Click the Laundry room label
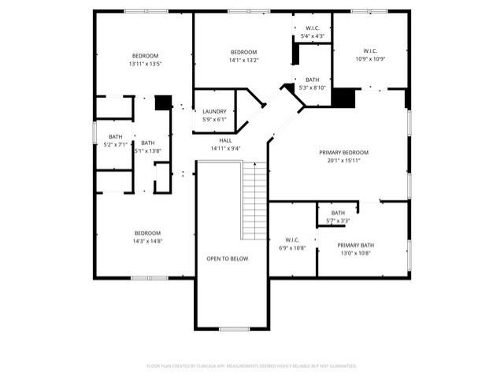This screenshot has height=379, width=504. (x=215, y=112)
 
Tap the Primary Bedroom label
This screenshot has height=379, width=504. (x=343, y=152)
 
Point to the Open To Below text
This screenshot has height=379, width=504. (x=228, y=258)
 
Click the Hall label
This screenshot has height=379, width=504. (x=225, y=140)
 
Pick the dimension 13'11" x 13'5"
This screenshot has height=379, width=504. (x=146, y=64)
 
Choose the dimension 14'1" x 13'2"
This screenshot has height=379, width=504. (x=244, y=60)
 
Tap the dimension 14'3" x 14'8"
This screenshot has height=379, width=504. (x=147, y=241)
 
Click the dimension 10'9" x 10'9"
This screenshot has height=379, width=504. (x=369, y=59)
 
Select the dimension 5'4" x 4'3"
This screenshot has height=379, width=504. (x=313, y=36)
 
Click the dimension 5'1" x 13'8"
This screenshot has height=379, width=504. (x=148, y=150)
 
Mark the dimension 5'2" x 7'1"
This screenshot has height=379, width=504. (x=116, y=145)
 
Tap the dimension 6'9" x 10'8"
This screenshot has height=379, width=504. (x=292, y=248)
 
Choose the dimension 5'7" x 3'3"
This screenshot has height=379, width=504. (x=338, y=221)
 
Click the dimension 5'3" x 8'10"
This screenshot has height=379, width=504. (x=313, y=87)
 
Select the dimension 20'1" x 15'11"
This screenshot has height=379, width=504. (x=343, y=161)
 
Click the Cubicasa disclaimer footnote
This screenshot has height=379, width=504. (x=252, y=366)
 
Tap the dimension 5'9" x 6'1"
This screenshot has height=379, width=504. (x=215, y=120)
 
